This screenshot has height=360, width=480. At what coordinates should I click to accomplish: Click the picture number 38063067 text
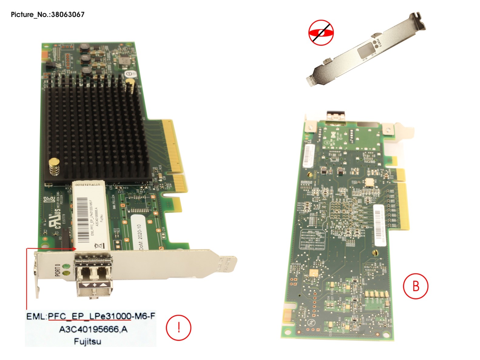68,15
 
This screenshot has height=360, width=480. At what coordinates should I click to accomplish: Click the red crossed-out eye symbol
321,33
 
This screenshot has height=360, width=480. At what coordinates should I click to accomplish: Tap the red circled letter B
416,286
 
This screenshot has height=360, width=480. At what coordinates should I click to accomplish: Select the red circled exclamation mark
179,328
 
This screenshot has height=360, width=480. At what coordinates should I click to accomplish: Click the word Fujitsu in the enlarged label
87,341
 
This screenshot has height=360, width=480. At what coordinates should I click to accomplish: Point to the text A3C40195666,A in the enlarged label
93,329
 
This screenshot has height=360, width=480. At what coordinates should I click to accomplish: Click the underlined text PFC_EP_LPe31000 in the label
89,316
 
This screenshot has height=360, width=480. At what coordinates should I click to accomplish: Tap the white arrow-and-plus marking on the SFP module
95,285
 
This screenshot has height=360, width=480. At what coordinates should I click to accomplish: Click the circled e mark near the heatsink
129,74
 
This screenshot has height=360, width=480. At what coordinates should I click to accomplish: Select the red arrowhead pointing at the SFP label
73,249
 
